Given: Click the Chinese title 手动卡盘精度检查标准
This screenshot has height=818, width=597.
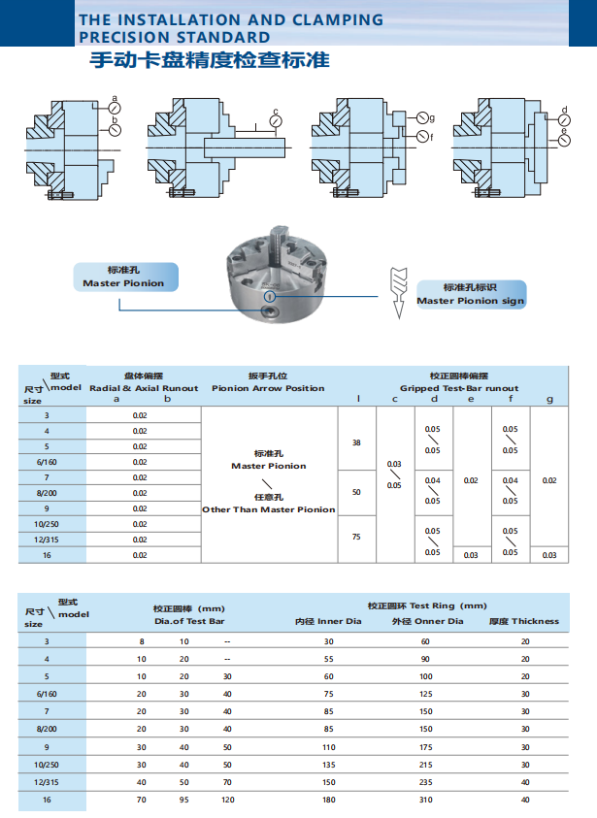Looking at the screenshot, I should (209, 61).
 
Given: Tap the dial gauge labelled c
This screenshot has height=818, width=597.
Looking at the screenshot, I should (277, 123).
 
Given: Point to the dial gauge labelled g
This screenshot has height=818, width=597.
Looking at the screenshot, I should (422, 119).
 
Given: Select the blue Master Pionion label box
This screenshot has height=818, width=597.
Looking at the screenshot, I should (123, 277).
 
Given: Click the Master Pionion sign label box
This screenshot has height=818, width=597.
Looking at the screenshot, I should (471, 294).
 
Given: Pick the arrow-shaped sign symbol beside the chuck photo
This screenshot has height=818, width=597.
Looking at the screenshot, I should (397, 290).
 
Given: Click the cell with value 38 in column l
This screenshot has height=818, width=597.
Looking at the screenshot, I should (356, 442).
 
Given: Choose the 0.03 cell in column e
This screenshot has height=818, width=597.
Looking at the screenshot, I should (471, 555).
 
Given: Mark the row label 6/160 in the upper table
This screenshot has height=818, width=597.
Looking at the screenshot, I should (47, 462).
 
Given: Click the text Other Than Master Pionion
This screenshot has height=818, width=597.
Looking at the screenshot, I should (268, 509).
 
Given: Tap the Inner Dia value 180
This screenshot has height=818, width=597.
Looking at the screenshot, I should (328, 800).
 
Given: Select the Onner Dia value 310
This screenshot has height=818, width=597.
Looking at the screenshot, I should (425, 800).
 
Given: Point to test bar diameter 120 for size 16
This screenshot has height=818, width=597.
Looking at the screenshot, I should (227, 800).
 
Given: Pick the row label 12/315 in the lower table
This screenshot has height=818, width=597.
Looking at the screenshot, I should (47, 782).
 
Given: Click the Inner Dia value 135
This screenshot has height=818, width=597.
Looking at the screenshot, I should (328, 765).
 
